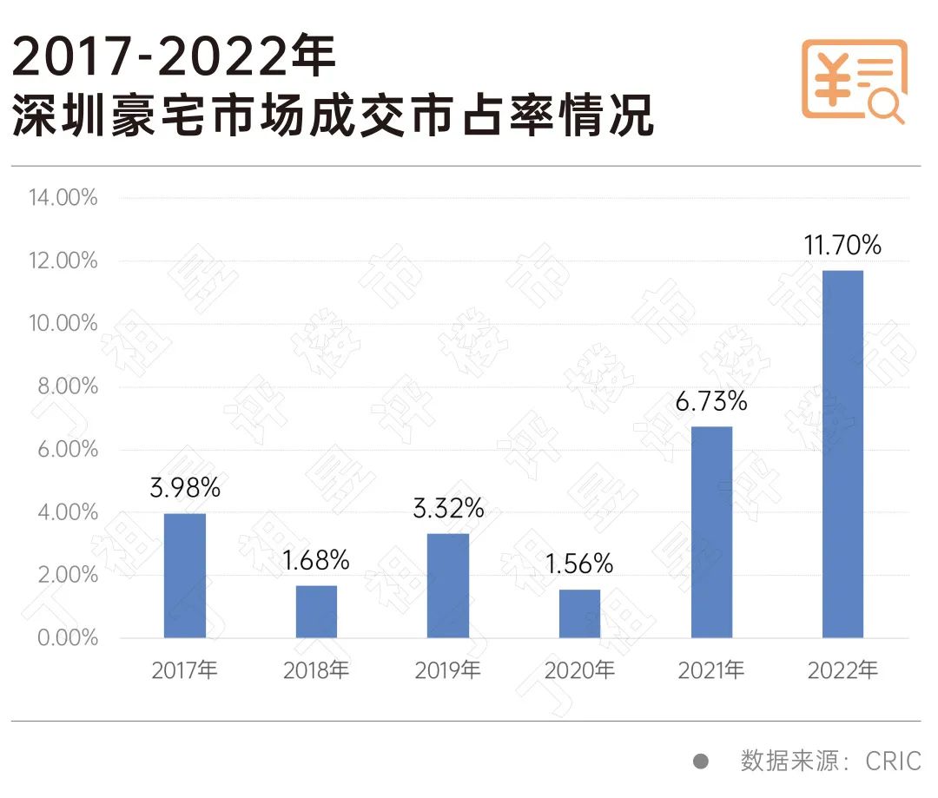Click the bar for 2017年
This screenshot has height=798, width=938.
point(185,576)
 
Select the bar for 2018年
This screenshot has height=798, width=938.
point(317,611)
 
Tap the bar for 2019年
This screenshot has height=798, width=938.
point(448,586)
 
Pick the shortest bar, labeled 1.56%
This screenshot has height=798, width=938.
point(579,614)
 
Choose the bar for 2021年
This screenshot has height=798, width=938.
point(711,532)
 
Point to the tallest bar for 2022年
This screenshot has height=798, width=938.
point(842,454)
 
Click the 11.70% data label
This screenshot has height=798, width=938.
point(842,246)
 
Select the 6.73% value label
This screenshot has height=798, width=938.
point(711,402)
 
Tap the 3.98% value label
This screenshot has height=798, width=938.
point(185,488)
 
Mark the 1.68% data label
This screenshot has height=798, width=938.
point(317,561)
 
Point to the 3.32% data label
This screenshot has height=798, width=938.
point(448,509)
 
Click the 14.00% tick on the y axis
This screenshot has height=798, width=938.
point(63,198)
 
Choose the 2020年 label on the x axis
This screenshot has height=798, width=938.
point(579,671)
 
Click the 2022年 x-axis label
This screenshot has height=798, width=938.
point(842,671)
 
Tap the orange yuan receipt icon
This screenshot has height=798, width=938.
point(853,81)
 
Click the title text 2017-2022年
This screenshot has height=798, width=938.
point(174,60)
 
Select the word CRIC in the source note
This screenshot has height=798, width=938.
point(893,762)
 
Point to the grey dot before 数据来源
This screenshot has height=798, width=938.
point(701,762)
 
